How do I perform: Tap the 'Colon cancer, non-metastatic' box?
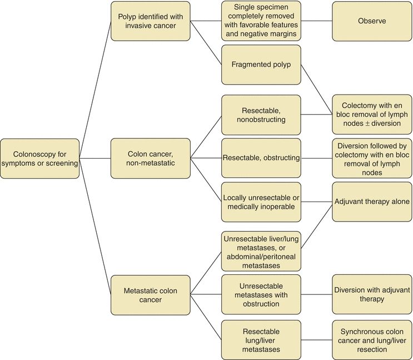[x=150, y=158]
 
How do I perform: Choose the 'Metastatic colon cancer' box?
[x=150, y=295]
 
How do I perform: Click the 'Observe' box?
[x=372, y=21]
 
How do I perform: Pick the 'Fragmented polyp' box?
[x=261, y=65]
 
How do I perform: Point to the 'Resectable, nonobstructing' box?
[x=261, y=115]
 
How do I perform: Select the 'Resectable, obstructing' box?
[x=261, y=158]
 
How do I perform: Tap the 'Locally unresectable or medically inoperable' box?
[x=261, y=202]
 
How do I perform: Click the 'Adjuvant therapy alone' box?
[x=372, y=202]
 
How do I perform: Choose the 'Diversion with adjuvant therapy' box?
[x=372, y=294]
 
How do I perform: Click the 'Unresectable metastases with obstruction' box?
[x=261, y=294]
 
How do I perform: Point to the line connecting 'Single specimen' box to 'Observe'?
[x=317, y=21]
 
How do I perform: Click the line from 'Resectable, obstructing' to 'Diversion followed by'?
[x=317, y=158]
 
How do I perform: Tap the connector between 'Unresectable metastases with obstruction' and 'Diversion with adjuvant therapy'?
[x=317, y=294]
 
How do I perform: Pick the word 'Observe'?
[x=372, y=21]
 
